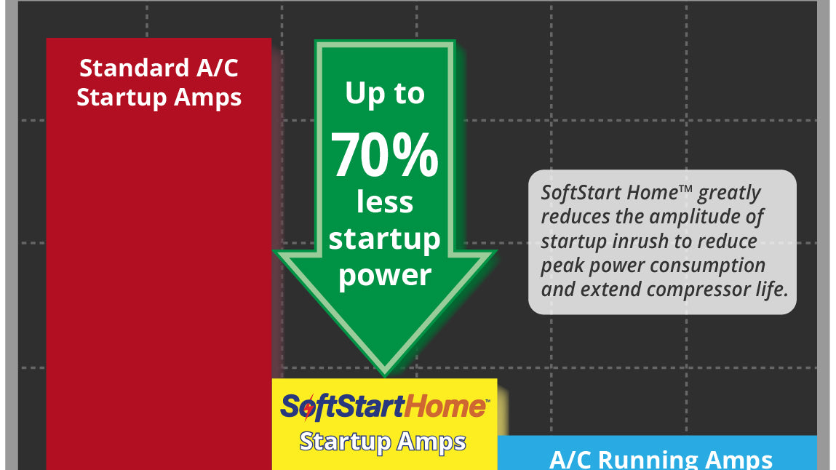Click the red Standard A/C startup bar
click(159, 254)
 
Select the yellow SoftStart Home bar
click(384, 424)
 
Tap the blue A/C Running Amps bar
click(657, 453)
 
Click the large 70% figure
click(384, 155)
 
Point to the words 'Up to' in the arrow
click(384, 94)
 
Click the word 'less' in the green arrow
click(384, 202)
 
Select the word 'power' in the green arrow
click(384, 276)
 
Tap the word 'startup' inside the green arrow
click(384, 239)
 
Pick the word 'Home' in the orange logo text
click(445, 407)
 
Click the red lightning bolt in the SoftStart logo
click(308, 407)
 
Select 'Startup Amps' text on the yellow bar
click(383, 442)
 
